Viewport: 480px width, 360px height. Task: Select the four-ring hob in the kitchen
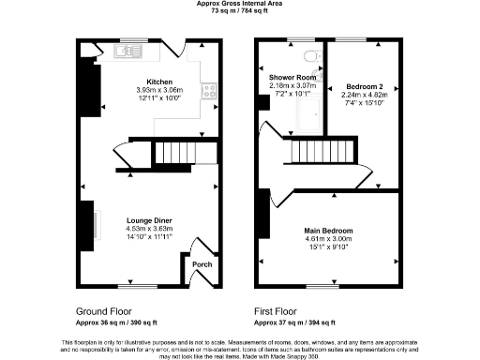(211, 91)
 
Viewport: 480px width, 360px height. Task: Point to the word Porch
(202, 264)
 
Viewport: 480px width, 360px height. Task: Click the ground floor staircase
(173, 153)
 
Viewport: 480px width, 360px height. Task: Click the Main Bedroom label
(327, 229)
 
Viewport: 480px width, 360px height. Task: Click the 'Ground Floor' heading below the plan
(104, 310)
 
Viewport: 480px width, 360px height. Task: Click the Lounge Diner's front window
(130, 285)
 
